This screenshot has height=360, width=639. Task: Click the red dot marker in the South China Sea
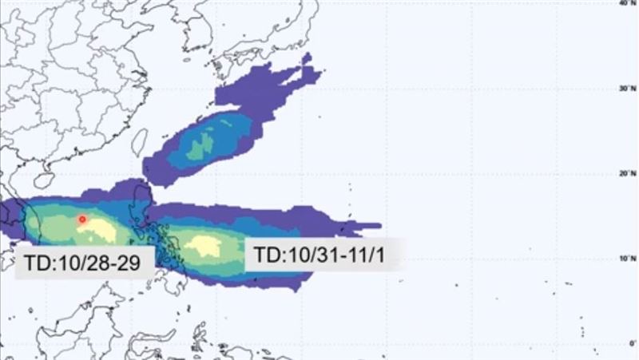coord(81,219)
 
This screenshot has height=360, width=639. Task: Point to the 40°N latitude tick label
coord(626,3)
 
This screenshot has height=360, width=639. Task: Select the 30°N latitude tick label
coord(626,89)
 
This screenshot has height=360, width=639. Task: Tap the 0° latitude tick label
coord(630,342)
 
